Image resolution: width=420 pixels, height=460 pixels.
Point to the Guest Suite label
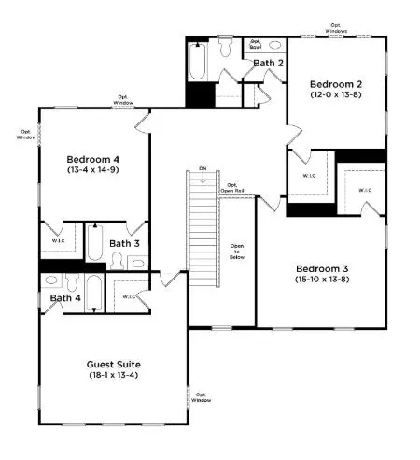pyautogui.click(x=113, y=364)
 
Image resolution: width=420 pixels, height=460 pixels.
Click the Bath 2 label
pyautogui.click(x=268, y=63)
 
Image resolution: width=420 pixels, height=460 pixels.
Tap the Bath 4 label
pyautogui.click(x=65, y=298)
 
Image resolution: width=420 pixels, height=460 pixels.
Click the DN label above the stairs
pyautogui.click(x=203, y=169)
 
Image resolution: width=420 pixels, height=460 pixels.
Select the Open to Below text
pyautogui.click(x=237, y=252)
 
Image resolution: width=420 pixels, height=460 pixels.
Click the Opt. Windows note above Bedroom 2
pyautogui.click(x=337, y=30)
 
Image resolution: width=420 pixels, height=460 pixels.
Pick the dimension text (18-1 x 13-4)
pyautogui.click(x=113, y=376)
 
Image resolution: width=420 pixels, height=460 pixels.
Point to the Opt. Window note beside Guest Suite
pyautogui.click(x=201, y=397)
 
